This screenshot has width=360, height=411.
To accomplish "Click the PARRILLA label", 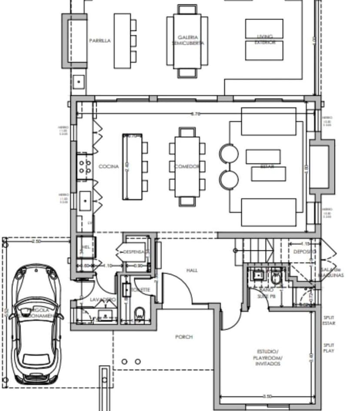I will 100,41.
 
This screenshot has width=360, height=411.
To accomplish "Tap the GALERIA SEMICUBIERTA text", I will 188,40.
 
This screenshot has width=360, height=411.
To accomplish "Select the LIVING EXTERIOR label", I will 264,40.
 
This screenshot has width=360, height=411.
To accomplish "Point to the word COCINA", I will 108,166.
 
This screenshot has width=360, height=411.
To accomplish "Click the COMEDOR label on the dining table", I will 187,166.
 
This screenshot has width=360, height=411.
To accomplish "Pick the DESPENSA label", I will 133,252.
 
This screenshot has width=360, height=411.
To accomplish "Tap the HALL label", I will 192,270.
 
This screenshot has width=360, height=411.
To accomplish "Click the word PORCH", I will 183,337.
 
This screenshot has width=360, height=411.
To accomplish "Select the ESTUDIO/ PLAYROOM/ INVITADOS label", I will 269,358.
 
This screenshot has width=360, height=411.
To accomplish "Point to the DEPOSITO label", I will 304,252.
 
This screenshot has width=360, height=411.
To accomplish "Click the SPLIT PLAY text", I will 329,348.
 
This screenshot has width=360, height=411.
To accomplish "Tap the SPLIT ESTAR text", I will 329,321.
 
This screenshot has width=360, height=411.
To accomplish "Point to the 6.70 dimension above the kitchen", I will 195,114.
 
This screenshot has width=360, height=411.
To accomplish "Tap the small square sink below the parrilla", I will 79,81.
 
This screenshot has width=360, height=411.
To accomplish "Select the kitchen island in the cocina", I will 132,166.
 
